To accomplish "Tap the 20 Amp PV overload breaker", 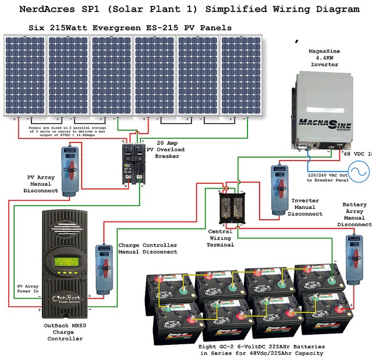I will [133, 163].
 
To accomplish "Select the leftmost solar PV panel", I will [24, 76].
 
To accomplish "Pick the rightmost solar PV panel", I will [240, 76].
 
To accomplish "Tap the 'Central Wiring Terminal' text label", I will [221, 238].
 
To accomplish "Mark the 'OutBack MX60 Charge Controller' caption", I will [65, 332].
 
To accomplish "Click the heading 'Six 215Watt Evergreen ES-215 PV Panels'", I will [130, 27].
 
